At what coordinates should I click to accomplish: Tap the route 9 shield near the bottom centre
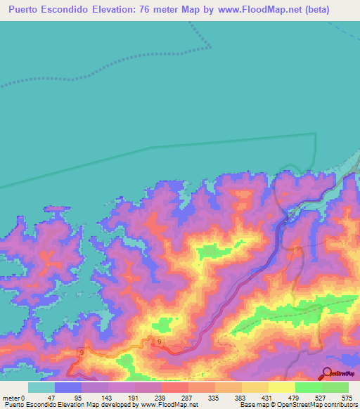160,342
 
